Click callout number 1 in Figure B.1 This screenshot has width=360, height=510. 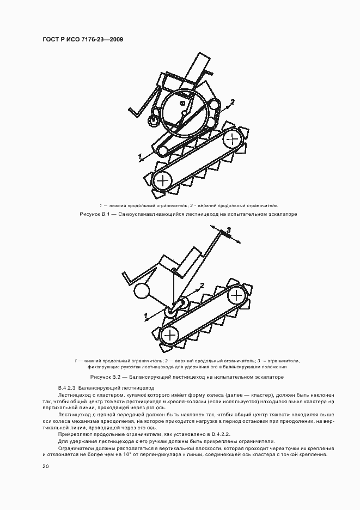tap(140, 157)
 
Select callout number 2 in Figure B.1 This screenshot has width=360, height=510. tap(233, 102)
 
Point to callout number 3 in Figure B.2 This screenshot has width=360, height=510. tap(229, 230)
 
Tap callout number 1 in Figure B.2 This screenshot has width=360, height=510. tap(145, 315)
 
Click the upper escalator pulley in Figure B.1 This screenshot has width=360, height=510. tap(233, 138)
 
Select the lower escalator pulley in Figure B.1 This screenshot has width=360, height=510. tap(162, 180)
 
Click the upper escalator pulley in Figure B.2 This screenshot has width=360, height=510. tap(236, 295)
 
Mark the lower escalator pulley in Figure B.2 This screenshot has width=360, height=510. tap(170, 333)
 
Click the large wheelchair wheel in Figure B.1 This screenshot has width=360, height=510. tap(183, 112)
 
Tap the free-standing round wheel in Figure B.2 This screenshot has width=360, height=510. tap(143, 291)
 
